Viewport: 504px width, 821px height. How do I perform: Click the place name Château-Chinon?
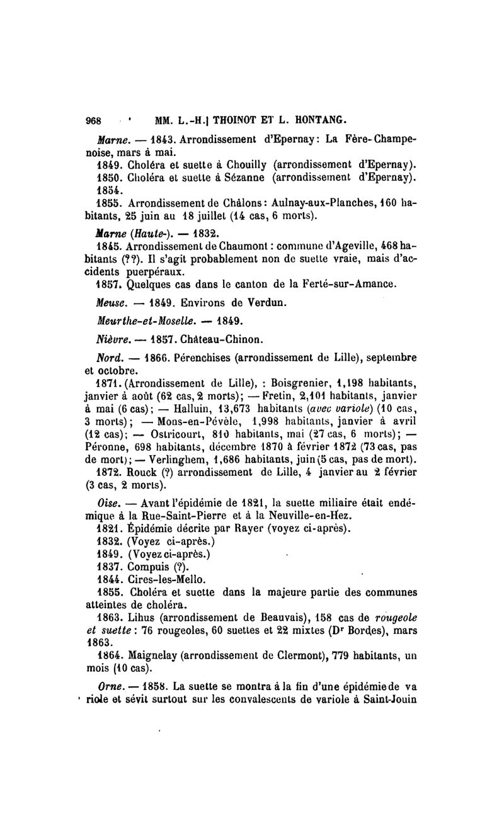209,339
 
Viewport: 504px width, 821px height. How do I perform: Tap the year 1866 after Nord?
139,357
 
